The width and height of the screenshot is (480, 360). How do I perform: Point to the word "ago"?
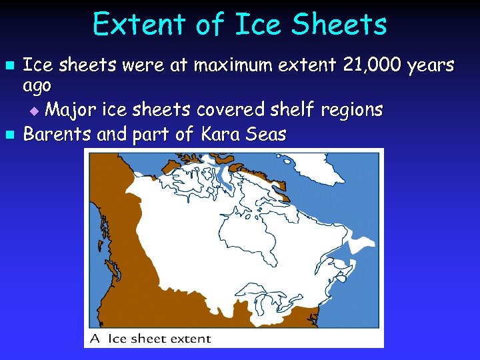37,87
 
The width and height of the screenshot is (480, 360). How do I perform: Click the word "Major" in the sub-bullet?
72,109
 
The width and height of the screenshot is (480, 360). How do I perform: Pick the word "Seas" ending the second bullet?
266,135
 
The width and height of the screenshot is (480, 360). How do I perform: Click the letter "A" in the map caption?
96,339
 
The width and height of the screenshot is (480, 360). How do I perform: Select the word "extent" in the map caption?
189,339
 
